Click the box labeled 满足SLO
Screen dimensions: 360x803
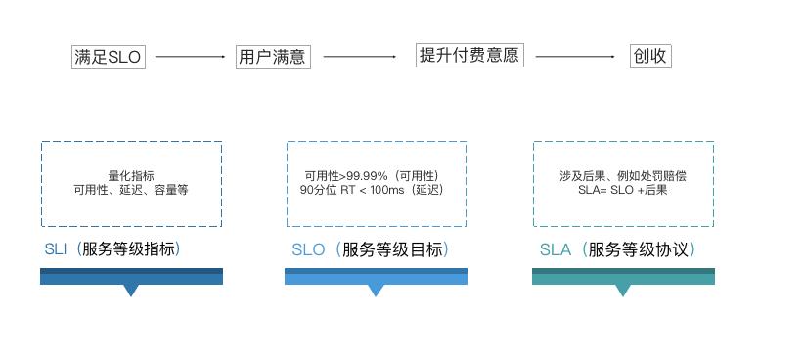[108, 57]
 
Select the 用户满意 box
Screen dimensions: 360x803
[272, 57]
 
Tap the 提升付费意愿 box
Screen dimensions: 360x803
[469, 56]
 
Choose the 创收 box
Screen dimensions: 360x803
[650, 56]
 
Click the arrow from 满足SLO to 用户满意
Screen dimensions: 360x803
[190, 57]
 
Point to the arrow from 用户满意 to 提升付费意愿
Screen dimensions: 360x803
[360, 57]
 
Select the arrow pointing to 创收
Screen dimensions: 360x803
[576, 57]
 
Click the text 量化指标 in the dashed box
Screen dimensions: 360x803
[131, 176]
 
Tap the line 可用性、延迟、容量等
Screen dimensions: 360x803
[131, 190]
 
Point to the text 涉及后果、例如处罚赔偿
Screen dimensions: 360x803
[622, 176]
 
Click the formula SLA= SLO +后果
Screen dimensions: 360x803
[622, 190]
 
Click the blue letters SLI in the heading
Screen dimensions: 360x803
[55, 249]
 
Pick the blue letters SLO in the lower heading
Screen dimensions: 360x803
[308, 249]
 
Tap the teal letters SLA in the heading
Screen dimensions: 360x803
[555, 249]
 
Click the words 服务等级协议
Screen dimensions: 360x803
[641, 249]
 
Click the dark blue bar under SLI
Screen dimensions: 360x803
[131, 277]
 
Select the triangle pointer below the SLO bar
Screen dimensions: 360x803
[376, 291]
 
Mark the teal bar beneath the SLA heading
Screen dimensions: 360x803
[623, 277]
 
